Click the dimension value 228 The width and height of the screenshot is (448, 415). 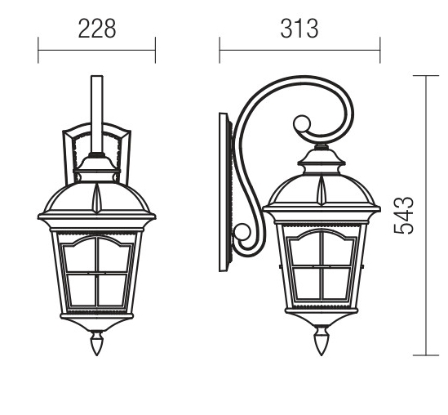(x=97, y=29)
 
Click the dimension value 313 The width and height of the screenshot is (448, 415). (x=299, y=29)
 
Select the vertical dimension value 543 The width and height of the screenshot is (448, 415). (x=403, y=216)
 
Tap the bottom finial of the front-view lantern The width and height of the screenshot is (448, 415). (x=97, y=343)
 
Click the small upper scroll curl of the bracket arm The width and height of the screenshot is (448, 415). (x=301, y=124)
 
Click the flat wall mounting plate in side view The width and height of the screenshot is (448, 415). (x=224, y=192)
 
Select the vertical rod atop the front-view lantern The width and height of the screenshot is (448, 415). (x=97, y=114)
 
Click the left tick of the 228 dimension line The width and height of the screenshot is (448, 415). (x=38, y=50)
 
